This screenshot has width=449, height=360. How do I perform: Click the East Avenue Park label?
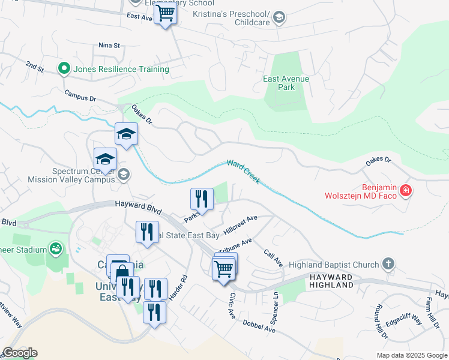(286, 83)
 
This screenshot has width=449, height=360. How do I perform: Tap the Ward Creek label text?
(243, 171)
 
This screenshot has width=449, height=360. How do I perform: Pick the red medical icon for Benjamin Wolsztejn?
(406, 191)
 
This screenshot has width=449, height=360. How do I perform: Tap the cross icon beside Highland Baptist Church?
(388, 264)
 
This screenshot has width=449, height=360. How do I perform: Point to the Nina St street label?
(110, 45)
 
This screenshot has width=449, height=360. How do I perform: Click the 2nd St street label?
(34, 65)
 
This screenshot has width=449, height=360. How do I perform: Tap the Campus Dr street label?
(80, 97)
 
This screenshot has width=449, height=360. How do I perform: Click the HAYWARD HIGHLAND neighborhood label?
(331, 281)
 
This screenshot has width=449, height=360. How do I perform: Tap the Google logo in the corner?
(20, 353)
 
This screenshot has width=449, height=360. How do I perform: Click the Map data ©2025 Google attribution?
(412, 355)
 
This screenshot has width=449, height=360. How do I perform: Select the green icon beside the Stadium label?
(56, 248)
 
